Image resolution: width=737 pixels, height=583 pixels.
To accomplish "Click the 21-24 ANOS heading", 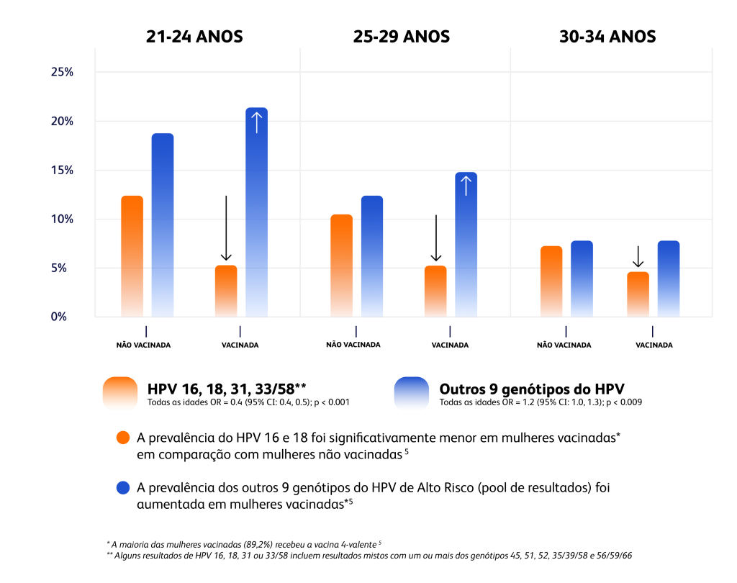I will pyautogui.click(x=194, y=37).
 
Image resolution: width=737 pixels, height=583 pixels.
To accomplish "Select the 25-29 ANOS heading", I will pyautogui.click(x=402, y=37).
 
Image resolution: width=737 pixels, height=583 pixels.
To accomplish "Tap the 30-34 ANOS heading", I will pyautogui.click(x=607, y=37).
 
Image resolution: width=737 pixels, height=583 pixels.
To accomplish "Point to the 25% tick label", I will pyautogui.click(x=62, y=72).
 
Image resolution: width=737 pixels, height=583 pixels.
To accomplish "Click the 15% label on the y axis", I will pyautogui.click(x=62, y=171).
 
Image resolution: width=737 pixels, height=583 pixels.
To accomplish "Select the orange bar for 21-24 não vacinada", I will pyautogui.click(x=132, y=256).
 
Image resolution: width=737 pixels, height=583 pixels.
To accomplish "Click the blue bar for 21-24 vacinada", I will pyautogui.click(x=256, y=216).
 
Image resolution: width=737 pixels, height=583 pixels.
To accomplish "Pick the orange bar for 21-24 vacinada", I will pyautogui.click(x=226, y=291).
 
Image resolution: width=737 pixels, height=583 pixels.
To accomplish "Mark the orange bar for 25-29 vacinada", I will pyautogui.click(x=435, y=291).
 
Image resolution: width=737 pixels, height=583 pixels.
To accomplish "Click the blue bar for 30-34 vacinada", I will pyautogui.click(x=669, y=279).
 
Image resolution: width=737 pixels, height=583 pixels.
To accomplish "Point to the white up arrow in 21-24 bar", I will pyautogui.click(x=257, y=122).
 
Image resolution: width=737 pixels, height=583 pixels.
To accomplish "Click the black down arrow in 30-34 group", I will pyautogui.click(x=638, y=257).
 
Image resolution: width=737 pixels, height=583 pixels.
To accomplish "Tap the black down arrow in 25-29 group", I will pyautogui.click(x=435, y=239).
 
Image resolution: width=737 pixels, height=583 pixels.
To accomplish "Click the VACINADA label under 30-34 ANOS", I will pyautogui.click(x=654, y=345).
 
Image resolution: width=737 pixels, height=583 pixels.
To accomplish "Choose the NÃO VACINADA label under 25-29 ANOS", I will pyautogui.click(x=353, y=345).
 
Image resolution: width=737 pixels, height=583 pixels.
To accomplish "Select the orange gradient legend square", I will pyautogui.click(x=120, y=394).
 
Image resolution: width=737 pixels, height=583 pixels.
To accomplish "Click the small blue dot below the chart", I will pyautogui.click(x=123, y=488).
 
